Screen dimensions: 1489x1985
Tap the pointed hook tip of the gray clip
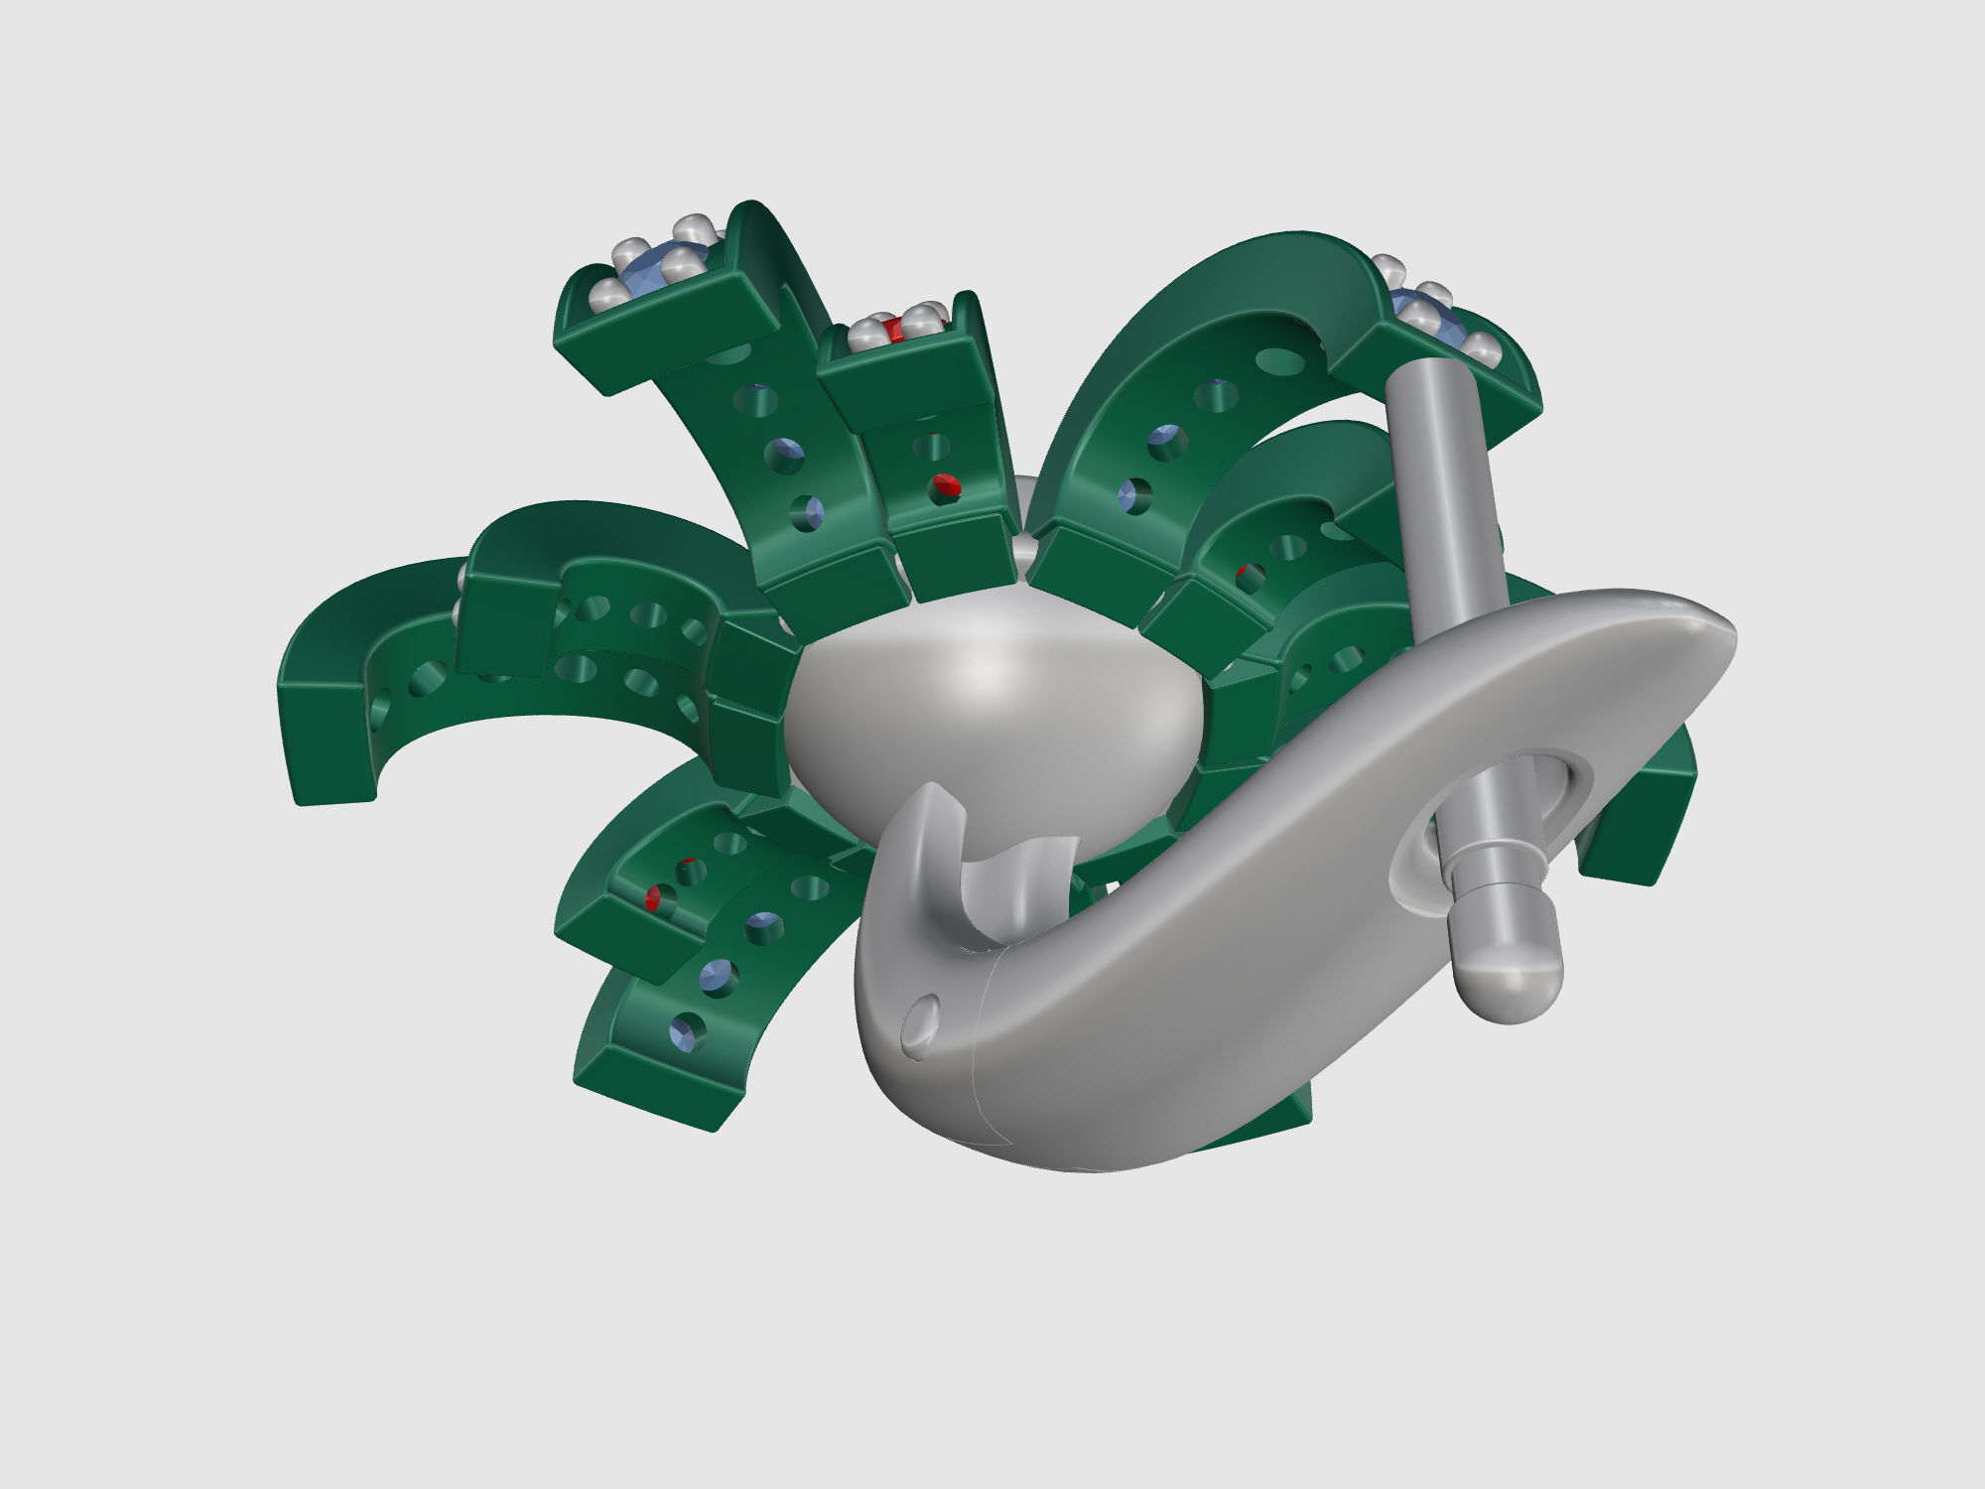[933, 794]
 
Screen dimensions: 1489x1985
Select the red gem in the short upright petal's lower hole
[948, 485]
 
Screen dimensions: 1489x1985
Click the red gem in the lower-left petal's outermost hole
[656, 899]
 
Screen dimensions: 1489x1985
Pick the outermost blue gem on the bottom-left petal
[689, 1032]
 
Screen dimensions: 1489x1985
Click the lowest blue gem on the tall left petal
[810, 512]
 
